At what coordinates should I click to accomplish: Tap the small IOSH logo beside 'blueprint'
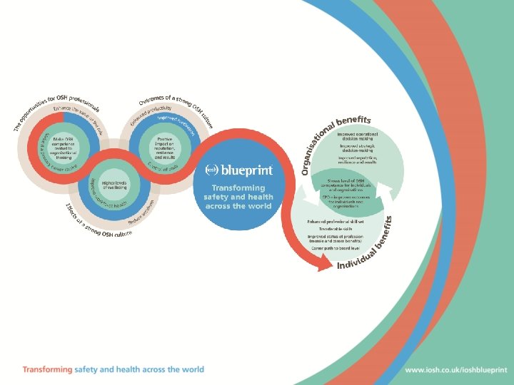point(212,170)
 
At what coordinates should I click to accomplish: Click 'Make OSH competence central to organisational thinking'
point(65,145)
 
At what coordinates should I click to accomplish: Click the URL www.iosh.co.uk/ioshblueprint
point(456,370)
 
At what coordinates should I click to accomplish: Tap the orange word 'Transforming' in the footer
point(47,370)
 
